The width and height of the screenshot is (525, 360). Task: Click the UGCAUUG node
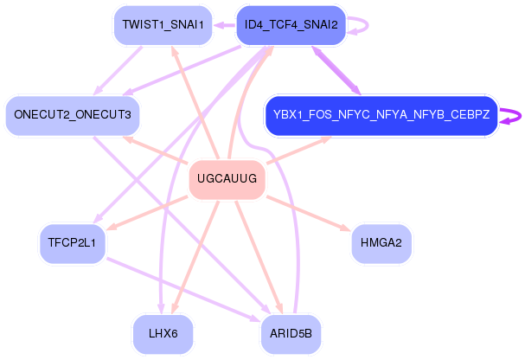[x=227, y=180]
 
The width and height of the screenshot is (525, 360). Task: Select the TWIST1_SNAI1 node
[x=163, y=25]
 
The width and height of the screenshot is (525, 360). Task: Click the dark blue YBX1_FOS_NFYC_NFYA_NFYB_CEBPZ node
[x=381, y=115]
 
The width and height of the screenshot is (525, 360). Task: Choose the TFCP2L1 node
[x=73, y=243]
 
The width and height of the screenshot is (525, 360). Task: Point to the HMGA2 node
[x=381, y=243]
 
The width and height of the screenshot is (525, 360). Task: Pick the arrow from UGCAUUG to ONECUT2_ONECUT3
[x=156, y=150]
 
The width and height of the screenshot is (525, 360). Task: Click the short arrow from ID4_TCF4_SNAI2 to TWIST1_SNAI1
[x=223, y=25]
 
